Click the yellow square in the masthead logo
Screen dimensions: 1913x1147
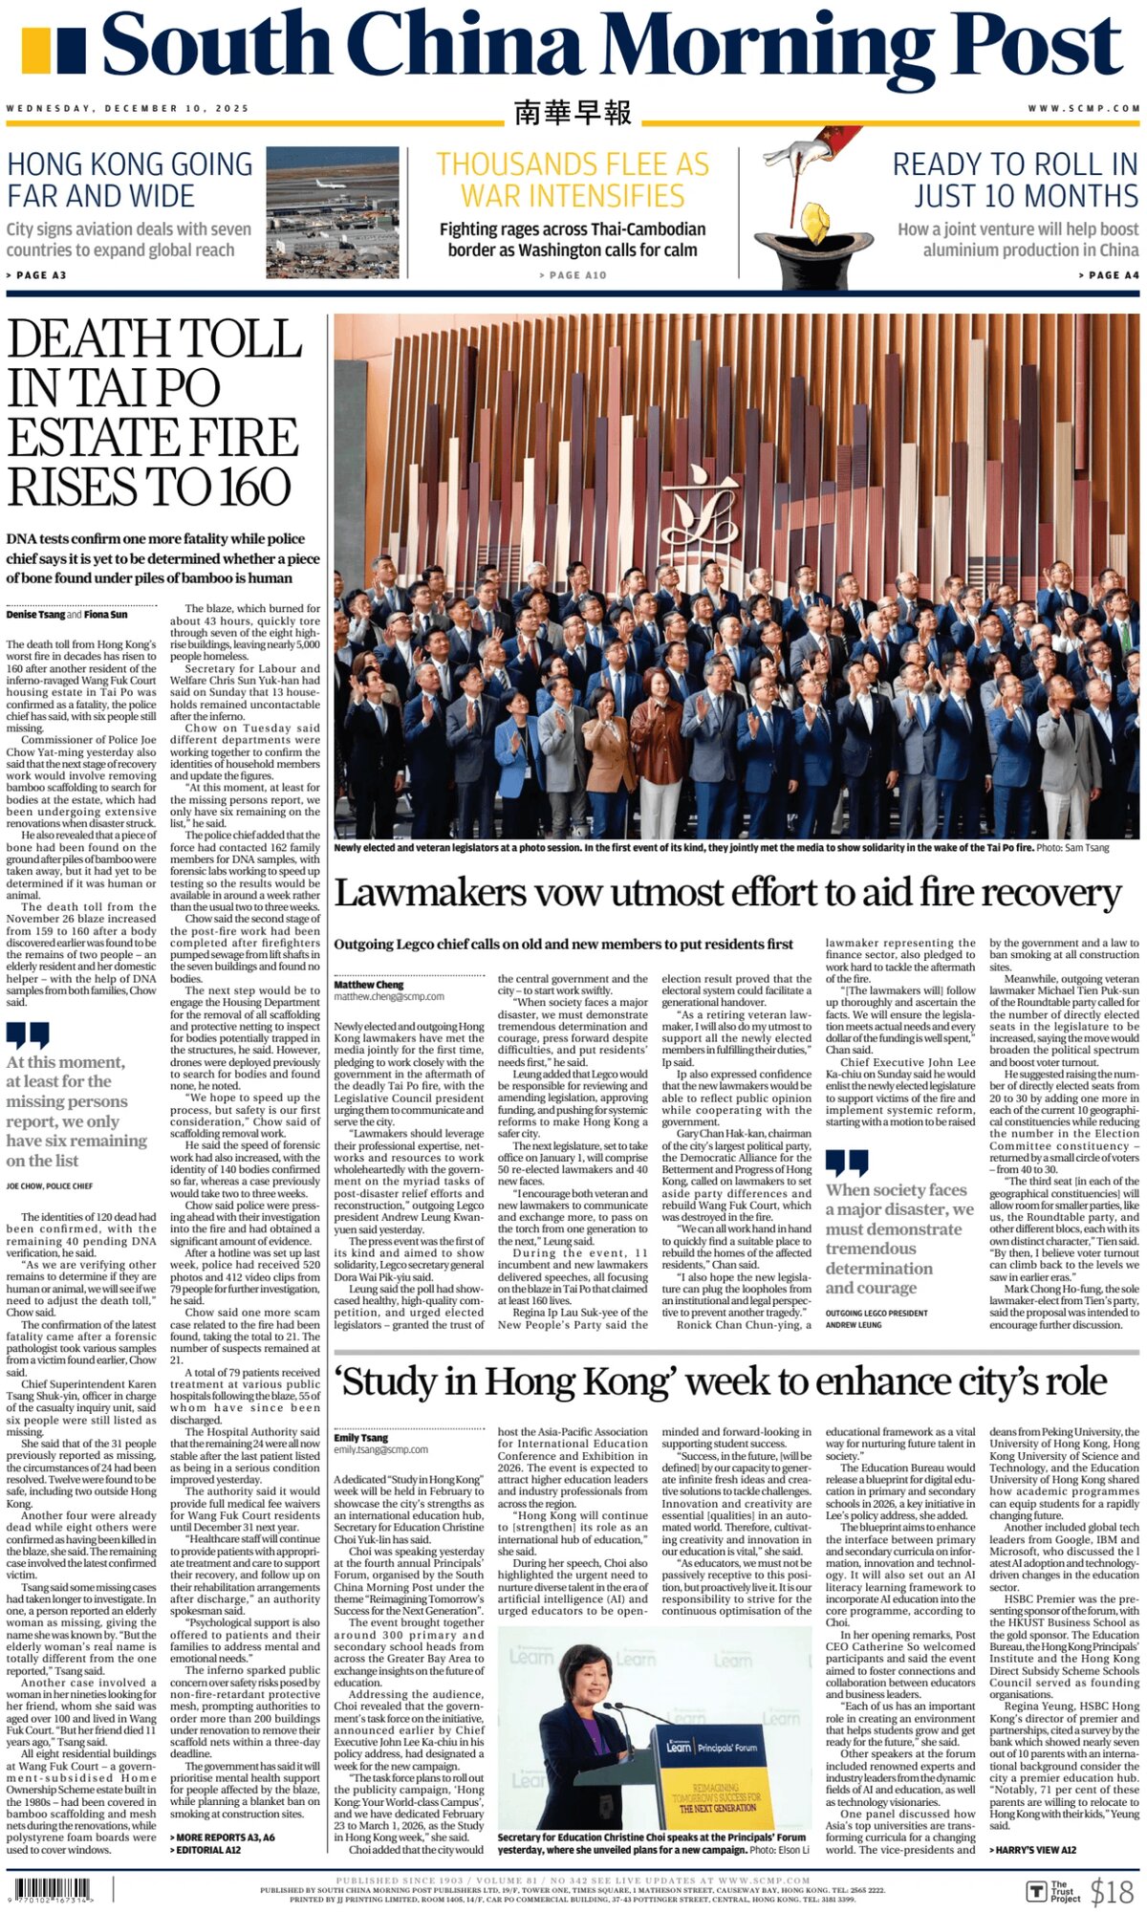click(x=34, y=52)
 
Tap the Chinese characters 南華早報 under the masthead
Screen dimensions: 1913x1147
click(x=573, y=113)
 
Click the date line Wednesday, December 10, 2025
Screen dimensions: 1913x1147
click(x=127, y=108)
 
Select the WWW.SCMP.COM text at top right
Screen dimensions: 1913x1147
click(x=1084, y=108)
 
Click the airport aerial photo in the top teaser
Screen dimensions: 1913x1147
click(x=333, y=211)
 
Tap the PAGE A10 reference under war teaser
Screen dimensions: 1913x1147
click(x=573, y=275)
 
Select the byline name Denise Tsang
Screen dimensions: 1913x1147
click(x=34, y=615)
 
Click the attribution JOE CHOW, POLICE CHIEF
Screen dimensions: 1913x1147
click(x=50, y=1186)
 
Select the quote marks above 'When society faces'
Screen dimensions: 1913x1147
click(x=847, y=1163)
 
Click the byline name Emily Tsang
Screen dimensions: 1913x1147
click(x=360, y=1437)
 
